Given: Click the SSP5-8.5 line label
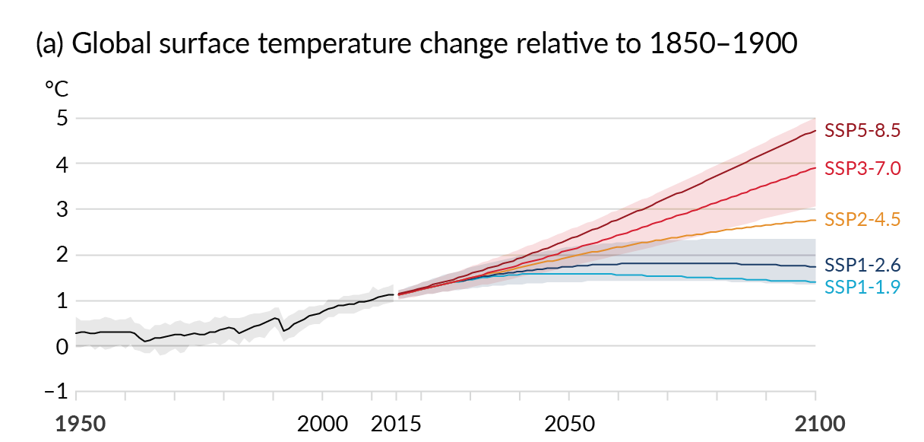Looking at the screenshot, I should (x=862, y=131).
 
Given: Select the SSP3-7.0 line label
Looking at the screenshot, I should (x=862, y=168).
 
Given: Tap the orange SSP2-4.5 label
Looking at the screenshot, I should (x=862, y=220).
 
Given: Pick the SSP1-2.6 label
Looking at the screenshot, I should (x=862, y=266).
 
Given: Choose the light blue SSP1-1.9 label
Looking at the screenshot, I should (x=862, y=287).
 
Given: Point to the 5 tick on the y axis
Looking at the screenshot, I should (x=62, y=119).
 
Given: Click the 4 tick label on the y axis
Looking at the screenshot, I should (x=62, y=164).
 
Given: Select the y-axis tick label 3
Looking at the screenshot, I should (x=62, y=210).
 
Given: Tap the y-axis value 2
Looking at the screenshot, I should (x=62, y=256).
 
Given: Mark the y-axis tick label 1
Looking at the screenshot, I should (x=62, y=301).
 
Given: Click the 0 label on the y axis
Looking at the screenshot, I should (x=62, y=347).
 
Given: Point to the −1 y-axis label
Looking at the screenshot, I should (x=56, y=393).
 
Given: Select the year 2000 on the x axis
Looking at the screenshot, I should (x=322, y=424).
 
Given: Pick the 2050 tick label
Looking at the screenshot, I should (x=568, y=424).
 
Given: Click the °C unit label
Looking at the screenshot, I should (x=56, y=90).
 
